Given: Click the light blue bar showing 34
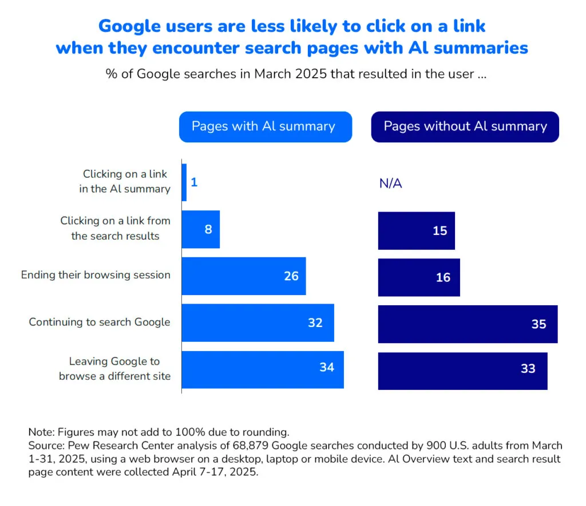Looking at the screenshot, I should click(x=263, y=370).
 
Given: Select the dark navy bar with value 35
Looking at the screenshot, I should click(x=468, y=324).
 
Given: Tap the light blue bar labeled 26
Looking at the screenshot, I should click(x=244, y=276).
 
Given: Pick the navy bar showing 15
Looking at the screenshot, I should click(x=416, y=231).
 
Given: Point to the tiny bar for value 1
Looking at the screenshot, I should click(x=184, y=182).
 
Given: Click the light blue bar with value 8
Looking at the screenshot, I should click(x=201, y=229).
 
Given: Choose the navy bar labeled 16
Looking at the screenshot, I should click(x=419, y=277).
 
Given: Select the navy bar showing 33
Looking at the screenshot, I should click(x=462, y=371).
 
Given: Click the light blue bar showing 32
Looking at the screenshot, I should click(x=258, y=323).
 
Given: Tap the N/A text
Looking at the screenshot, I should click(x=390, y=184).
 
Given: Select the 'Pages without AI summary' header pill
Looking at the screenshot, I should click(x=465, y=126).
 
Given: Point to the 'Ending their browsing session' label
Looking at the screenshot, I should click(x=96, y=275).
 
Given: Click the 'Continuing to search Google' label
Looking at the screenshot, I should click(x=100, y=322).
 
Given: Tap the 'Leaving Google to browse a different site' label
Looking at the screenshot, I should click(x=114, y=369).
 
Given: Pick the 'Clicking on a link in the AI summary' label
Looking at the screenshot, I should click(x=125, y=181).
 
